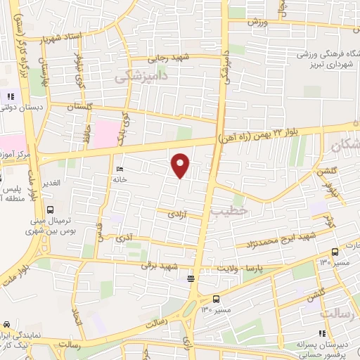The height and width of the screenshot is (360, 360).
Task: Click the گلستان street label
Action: coord(79,106)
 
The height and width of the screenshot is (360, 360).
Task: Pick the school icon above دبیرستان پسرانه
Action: coord(323,333)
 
